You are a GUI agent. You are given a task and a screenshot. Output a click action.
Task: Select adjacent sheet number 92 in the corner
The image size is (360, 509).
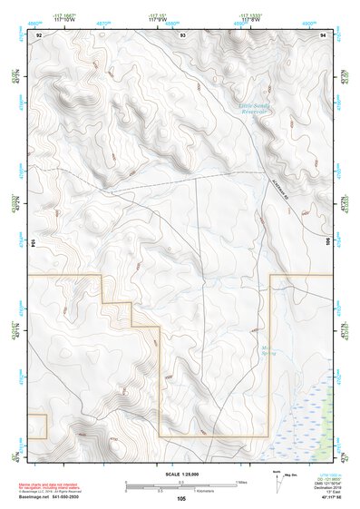tap(38, 34)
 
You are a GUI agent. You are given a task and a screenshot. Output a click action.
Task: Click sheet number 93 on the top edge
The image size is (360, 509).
tap(182, 34)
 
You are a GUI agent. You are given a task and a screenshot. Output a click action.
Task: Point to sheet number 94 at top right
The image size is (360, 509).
tap(323, 34)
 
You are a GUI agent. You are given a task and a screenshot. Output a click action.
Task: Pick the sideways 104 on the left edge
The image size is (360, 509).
tap(34, 243)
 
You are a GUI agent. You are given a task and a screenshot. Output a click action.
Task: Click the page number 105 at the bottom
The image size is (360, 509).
tap(181, 499)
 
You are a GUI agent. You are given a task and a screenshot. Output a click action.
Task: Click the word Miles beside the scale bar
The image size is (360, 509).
tap(241, 481)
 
